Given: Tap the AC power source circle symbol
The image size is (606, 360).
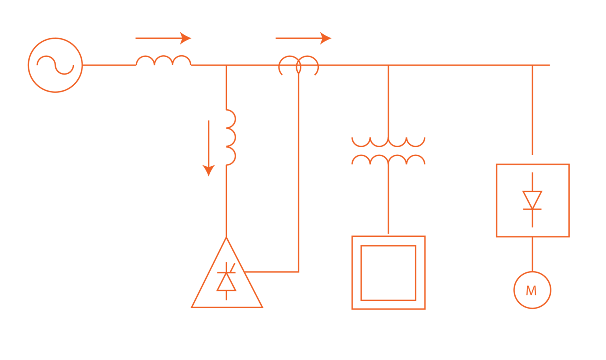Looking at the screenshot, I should (x=55, y=65).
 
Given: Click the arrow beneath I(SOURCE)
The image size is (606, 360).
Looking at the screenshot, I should (x=163, y=38).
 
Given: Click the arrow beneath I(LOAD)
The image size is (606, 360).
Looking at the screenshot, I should (x=303, y=38).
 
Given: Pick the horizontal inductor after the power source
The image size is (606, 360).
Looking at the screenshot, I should (x=164, y=61).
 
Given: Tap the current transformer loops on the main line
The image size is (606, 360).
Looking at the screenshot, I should (x=299, y=66).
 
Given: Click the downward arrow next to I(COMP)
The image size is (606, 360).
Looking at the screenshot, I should (x=208, y=148).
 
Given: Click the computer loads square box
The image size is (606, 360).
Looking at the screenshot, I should (x=388, y=272).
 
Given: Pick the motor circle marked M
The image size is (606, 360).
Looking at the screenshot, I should (x=532, y=290).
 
